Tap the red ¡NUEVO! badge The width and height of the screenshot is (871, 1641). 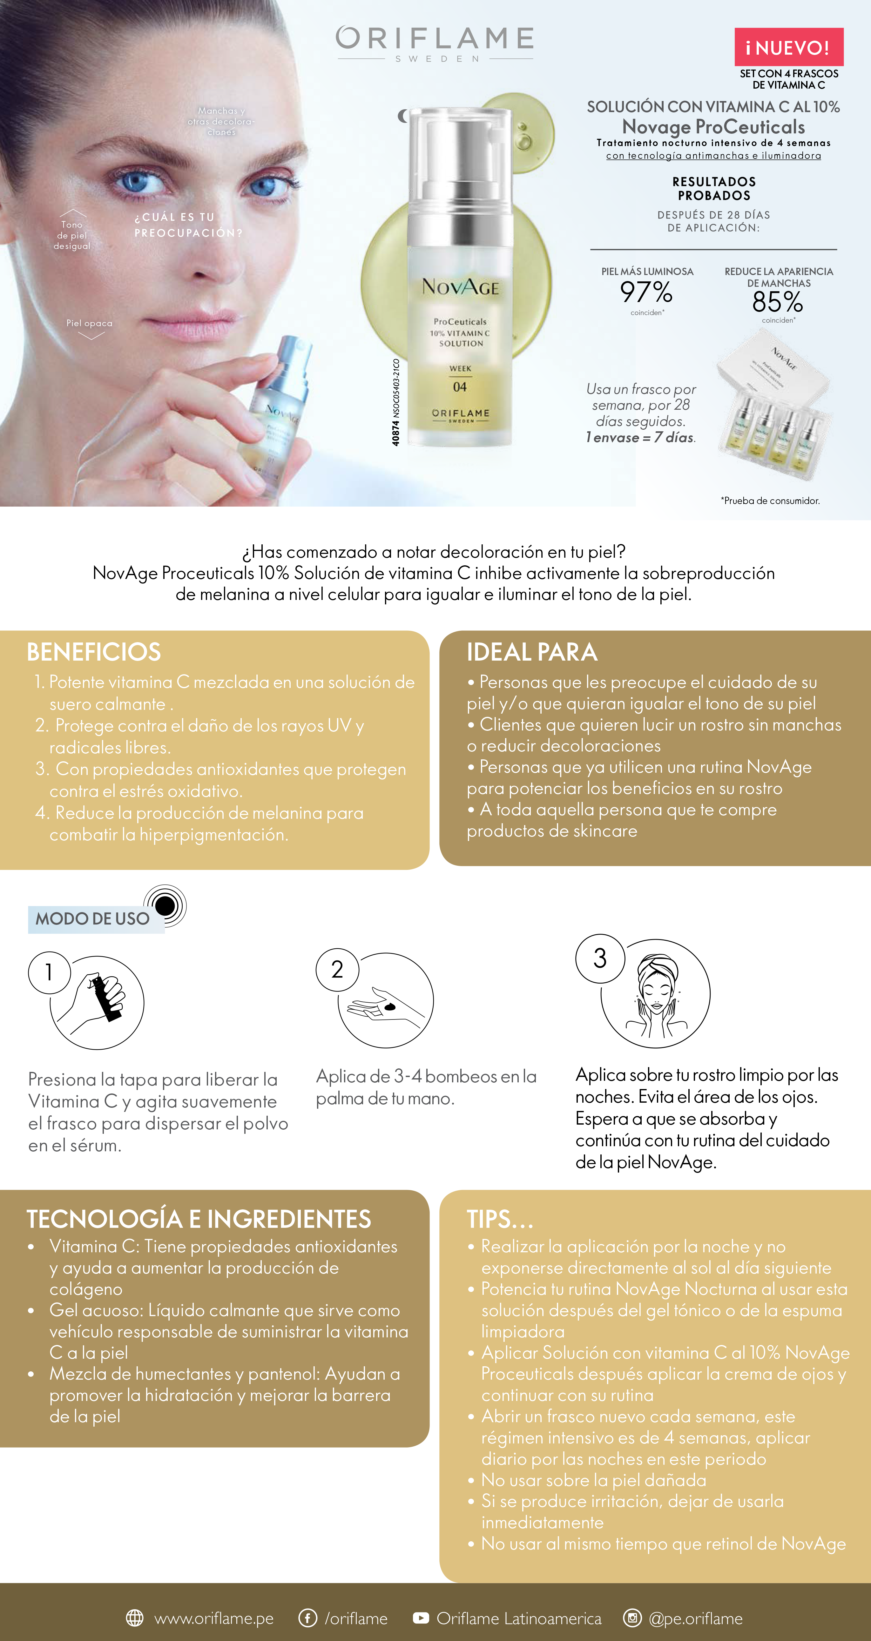[789, 47]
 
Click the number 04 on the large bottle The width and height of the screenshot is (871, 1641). [460, 387]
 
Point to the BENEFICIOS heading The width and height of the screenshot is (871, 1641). [94, 652]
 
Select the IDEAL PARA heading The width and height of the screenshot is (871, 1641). [532, 652]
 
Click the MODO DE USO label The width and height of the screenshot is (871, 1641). [92, 918]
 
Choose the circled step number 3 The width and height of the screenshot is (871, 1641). [600, 958]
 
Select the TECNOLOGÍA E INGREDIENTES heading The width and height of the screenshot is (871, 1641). [199, 1219]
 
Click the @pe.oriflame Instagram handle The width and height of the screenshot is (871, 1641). [696, 1618]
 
